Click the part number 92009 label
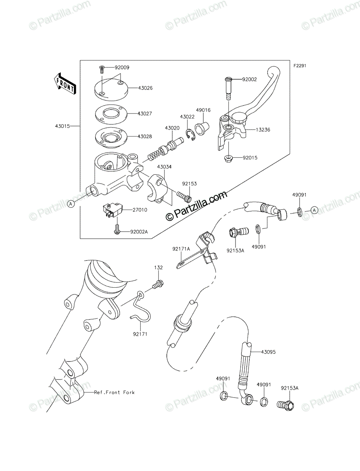click(x=122, y=68)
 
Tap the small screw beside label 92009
click(x=101, y=69)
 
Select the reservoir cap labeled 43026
click(x=111, y=88)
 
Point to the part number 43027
click(x=144, y=113)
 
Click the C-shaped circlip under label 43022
click(x=190, y=135)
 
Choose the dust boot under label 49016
click(x=202, y=128)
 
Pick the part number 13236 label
click(x=263, y=130)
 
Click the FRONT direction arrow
click(x=64, y=84)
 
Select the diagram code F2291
click(x=300, y=66)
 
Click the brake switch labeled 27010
click(x=112, y=210)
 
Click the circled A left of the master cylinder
click(x=71, y=204)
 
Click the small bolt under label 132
click(x=158, y=285)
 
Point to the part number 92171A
click(x=181, y=249)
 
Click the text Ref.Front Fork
click(x=114, y=392)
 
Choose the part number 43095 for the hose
click(x=269, y=352)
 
